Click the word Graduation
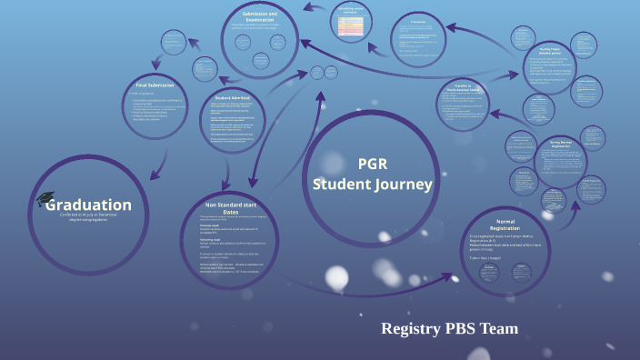[95, 205]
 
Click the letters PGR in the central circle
[373, 164]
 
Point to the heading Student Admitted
[235, 97]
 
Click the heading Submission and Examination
[261, 18]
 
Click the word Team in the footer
[501, 328]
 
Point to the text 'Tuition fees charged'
[489, 257]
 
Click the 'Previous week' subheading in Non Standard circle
[216, 225]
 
